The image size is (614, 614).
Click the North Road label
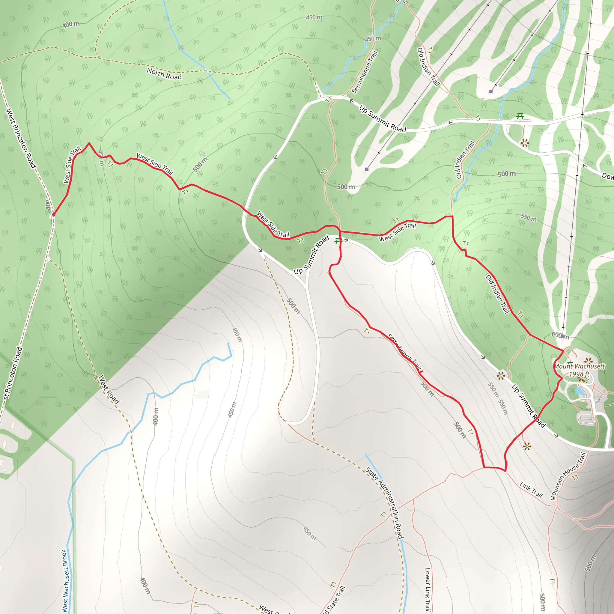pyautogui.click(x=164, y=74)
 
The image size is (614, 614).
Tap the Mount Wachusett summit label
pyautogui.click(x=579, y=366)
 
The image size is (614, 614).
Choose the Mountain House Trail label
pyautogui.click(x=568, y=476)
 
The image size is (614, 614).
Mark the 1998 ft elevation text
pyautogui.click(x=579, y=374)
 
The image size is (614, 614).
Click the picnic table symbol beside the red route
pyautogui.click(x=338, y=242)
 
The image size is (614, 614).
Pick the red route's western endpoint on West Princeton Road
pyautogui.click(x=53, y=215)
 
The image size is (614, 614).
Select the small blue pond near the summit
pyautogui.click(x=580, y=391)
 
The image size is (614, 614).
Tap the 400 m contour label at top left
pyautogui.click(x=71, y=24)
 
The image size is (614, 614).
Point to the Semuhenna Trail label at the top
pyautogui.click(x=365, y=72)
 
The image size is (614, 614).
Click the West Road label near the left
pyautogui.click(x=109, y=390)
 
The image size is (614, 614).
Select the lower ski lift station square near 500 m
pyautogui.click(x=366, y=169)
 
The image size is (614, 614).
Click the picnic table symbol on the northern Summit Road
pyautogui.click(x=520, y=116)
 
